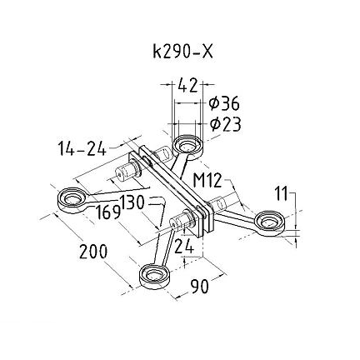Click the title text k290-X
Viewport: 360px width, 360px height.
[x=183, y=52]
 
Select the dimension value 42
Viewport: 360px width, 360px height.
[x=188, y=85]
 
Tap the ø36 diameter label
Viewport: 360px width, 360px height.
[x=224, y=103]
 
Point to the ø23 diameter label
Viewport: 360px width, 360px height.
[x=225, y=124]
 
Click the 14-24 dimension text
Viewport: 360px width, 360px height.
[x=82, y=148]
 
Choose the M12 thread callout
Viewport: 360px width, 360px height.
[x=207, y=180]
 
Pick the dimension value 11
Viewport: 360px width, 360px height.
[x=282, y=193]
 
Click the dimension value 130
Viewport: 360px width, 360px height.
[x=132, y=202]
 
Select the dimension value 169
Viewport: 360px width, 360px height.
[x=108, y=212]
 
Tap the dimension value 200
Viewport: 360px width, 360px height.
[x=93, y=252]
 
